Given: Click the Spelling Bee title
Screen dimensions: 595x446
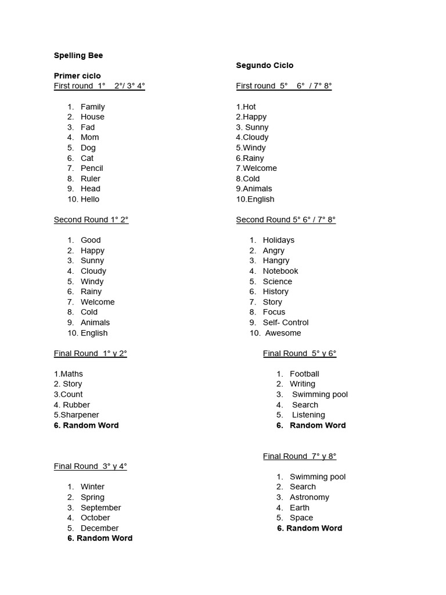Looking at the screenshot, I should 78,55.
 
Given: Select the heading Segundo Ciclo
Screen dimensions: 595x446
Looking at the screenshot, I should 265,66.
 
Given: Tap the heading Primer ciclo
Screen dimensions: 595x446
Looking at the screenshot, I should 77,76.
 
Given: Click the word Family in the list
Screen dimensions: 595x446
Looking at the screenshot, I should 93,106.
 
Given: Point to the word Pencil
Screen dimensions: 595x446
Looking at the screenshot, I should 92,168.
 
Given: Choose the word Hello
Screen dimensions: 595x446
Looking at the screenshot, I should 90,199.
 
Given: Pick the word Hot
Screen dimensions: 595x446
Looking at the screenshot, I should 249,106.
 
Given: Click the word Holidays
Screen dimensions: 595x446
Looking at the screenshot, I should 279,240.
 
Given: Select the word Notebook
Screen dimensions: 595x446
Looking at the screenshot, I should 280,271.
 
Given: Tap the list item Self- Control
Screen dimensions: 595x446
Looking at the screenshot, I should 286,322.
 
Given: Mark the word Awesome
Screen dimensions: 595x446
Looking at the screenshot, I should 283,333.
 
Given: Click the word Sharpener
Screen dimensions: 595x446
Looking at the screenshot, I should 80,415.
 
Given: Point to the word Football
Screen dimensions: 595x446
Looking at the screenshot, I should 304,374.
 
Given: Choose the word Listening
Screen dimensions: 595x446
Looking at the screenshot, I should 308,415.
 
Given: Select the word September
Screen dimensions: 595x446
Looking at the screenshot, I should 101,507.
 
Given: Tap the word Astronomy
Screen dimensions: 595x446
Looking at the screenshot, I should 310,497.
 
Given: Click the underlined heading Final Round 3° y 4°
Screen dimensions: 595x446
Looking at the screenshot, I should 91,466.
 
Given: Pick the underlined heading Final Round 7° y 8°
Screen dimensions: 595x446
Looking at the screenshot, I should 300,456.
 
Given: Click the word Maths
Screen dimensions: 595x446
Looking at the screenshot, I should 71,374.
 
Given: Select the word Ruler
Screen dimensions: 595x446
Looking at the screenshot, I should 91,178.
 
